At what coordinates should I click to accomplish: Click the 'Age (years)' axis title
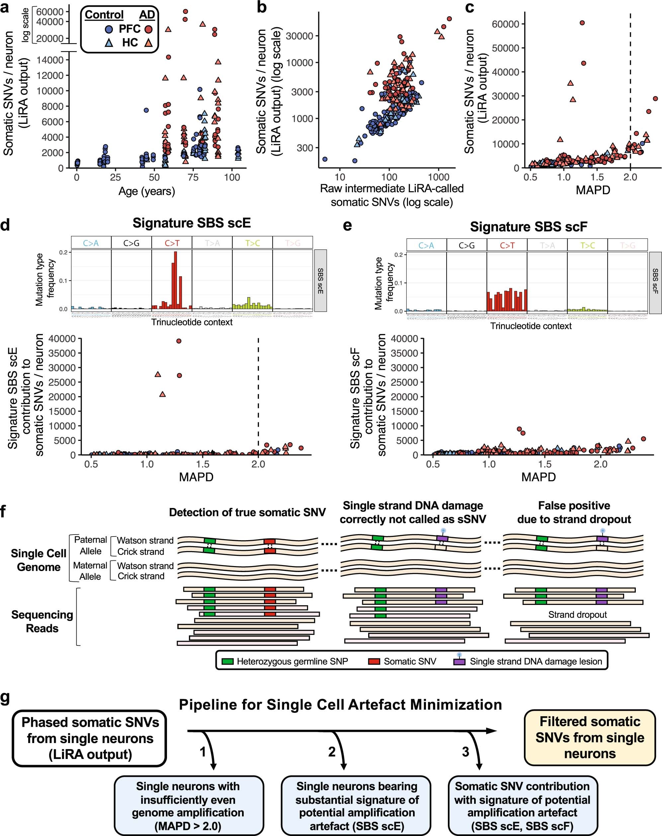point(146,191)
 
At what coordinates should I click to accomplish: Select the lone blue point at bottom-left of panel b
point(325,159)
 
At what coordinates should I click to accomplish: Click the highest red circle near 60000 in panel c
point(582,23)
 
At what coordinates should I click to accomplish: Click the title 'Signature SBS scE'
point(192,223)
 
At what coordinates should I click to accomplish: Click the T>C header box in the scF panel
point(587,245)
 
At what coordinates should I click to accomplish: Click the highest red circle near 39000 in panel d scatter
point(179,341)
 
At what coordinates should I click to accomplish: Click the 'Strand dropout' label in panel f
point(577,614)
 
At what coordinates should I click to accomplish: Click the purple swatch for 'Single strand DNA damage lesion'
point(459,661)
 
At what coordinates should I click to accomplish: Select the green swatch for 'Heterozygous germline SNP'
point(227,661)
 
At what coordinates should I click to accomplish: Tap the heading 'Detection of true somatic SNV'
point(247,512)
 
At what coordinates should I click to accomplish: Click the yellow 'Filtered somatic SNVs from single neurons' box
point(590,737)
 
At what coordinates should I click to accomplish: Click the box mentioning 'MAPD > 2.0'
point(188,806)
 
